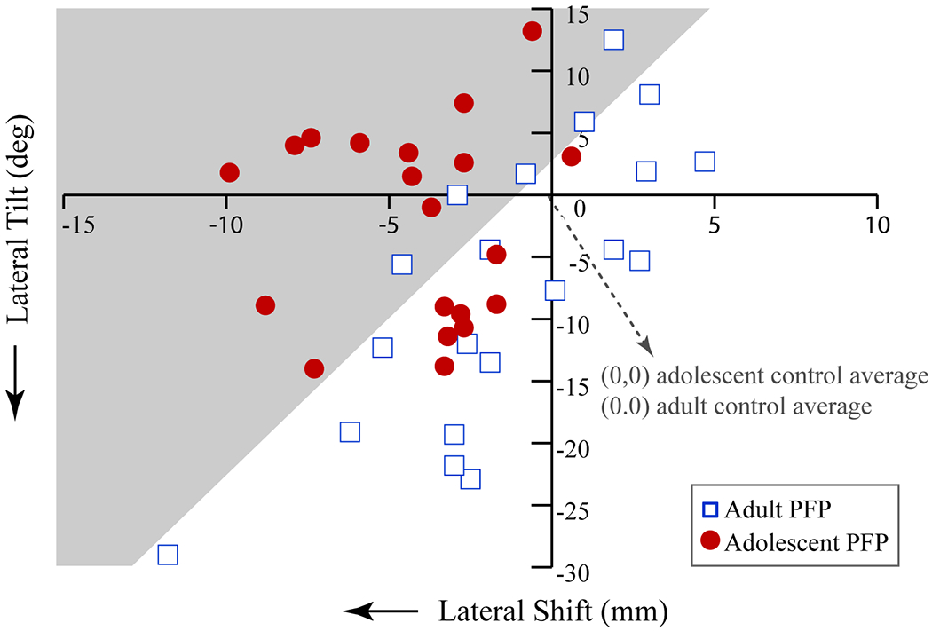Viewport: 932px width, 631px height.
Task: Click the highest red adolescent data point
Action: pyautogui.click(x=532, y=31)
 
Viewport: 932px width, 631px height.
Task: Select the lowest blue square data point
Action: pyautogui.click(x=167, y=555)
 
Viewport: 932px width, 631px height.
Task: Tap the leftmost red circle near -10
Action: pyautogui.click(x=229, y=172)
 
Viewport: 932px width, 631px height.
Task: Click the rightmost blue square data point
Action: pyautogui.click(x=705, y=162)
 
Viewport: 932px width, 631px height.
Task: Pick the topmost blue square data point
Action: pyautogui.click(x=613, y=40)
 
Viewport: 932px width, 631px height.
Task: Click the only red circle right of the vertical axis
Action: pyautogui.click(x=571, y=156)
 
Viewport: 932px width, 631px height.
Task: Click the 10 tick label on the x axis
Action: pyautogui.click(x=876, y=225)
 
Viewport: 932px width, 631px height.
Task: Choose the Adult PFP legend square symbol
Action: pyautogui.click(x=710, y=510)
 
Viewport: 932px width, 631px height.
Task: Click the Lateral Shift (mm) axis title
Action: pyautogui.click(x=551, y=611)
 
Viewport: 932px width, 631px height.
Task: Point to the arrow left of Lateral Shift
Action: pyautogui.click(x=380, y=611)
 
